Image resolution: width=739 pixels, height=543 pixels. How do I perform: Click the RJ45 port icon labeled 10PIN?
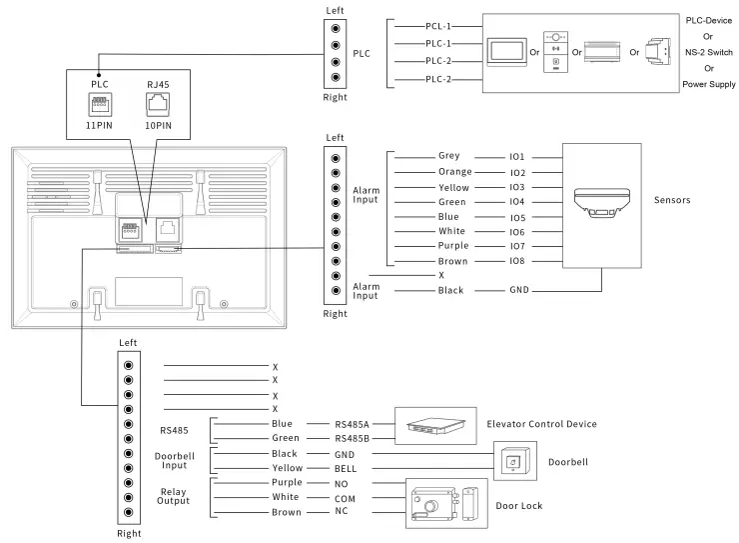click(x=158, y=104)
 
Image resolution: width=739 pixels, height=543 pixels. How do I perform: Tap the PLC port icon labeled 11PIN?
click(x=100, y=104)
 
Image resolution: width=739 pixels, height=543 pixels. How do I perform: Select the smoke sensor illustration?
click(x=602, y=203)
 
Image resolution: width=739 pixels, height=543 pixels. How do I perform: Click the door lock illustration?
click(x=444, y=503)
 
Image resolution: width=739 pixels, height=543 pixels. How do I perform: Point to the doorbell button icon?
click(x=513, y=461)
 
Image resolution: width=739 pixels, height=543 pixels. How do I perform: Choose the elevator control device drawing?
click(x=435, y=426)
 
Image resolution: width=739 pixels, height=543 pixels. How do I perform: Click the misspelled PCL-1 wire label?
click(x=437, y=26)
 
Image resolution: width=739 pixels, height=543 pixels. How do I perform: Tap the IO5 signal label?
click(x=517, y=218)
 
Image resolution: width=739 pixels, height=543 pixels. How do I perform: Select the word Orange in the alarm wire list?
click(x=454, y=172)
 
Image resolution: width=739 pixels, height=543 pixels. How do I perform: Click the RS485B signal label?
click(x=353, y=439)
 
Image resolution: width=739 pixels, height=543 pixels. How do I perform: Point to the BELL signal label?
click(x=346, y=469)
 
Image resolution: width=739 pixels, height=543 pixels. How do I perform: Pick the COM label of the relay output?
click(x=345, y=499)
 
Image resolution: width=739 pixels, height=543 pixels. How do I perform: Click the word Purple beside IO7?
click(x=453, y=246)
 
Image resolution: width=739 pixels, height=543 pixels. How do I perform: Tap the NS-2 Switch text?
click(x=709, y=52)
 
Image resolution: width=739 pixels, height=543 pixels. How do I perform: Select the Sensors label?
click(x=672, y=200)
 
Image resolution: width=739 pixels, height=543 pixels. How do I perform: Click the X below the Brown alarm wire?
click(x=441, y=275)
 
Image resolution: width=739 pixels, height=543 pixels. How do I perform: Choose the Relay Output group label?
click(x=173, y=496)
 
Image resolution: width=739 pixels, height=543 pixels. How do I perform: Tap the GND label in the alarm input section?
click(x=519, y=290)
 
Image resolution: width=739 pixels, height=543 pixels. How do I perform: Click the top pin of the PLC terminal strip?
click(x=336, y=29)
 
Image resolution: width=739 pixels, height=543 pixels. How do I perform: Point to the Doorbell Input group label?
click(x=175, y=460)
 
